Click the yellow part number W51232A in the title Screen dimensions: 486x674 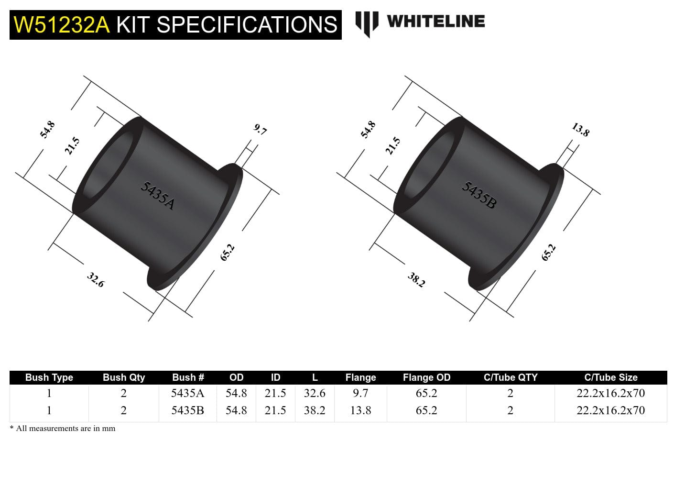62,25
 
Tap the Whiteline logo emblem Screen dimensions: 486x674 366,23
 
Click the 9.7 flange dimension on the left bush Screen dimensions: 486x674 260,130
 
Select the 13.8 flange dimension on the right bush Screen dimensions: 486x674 581,130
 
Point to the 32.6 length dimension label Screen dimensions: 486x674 96,280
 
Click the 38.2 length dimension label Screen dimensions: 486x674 416,280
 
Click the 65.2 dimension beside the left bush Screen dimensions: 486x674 227,253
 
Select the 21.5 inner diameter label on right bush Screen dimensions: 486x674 393,146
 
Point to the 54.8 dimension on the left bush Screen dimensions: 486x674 47,130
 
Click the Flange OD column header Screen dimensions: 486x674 426,377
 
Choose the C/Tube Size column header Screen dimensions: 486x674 610,377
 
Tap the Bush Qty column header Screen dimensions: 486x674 123,377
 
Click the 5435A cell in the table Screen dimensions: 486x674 187,393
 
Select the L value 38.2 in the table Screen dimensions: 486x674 315,410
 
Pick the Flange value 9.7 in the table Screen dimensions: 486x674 360,393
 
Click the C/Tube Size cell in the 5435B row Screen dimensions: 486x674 610,410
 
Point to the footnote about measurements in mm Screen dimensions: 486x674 63,429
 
